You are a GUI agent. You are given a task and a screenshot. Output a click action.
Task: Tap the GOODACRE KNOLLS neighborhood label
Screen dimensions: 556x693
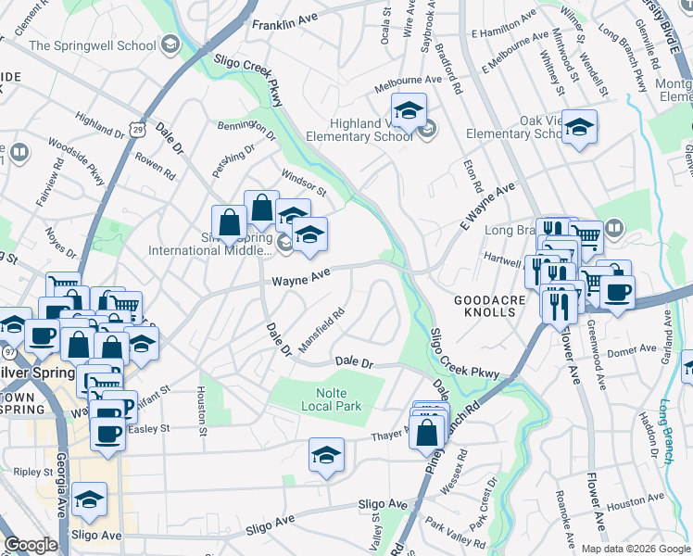click(x=484, y=306)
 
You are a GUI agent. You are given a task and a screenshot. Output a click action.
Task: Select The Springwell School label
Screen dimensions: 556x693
click(x=92, y=44)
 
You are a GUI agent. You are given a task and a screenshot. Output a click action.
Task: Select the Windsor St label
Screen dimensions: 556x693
click(x=304, y=183)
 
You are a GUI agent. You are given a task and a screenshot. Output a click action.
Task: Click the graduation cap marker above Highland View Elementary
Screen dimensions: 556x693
click(x=408, y=109)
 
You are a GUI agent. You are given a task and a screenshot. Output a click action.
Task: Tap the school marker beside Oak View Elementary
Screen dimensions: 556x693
click(x=579, y=127)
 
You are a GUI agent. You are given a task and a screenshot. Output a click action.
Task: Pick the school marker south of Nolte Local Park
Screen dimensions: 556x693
click(x=326, y=454)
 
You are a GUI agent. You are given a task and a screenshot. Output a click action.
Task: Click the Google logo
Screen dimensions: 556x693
click(x=31, y=545)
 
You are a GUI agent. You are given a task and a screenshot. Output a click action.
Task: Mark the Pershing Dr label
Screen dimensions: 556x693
click(x=233, y=153)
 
